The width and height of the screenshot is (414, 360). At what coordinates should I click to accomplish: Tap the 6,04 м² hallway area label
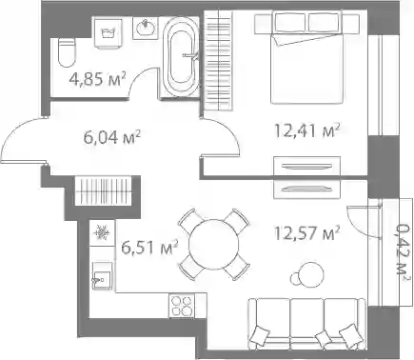(111, 137)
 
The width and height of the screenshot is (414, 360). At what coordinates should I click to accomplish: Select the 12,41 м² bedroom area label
(307, 130)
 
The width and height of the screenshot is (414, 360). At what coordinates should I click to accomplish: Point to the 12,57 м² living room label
(307, 233)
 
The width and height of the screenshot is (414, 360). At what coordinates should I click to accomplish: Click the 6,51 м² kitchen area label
(149, 248)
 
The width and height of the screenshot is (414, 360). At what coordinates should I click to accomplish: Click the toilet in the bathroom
(68, 52)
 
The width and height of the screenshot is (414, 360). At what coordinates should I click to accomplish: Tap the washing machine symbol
(108, 33)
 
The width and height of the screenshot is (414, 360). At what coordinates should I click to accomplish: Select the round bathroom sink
(146, 29)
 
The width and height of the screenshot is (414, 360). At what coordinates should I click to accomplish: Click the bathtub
(181, 56)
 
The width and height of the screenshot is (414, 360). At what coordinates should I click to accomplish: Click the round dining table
(213, 245)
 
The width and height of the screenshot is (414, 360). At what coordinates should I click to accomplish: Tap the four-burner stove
(182, 306)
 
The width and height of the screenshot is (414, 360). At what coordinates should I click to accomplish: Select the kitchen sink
(102, 276)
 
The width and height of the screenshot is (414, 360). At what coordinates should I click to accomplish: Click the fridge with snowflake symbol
(102, 233)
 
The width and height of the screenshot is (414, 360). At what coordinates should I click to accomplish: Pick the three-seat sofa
(306, 324)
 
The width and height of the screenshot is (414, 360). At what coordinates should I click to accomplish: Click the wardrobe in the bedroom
(219, 60)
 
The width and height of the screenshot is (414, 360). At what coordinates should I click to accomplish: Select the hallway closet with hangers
(104, 191)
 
